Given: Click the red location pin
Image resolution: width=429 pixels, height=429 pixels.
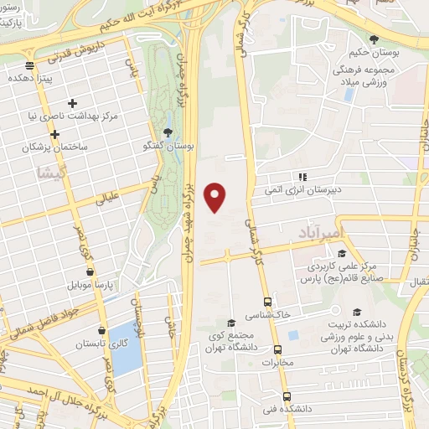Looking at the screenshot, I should point(216,196).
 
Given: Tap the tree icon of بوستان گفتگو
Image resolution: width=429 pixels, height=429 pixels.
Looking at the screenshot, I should point(168,132).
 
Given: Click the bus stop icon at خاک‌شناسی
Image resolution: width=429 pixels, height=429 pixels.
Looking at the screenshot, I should point(267,302).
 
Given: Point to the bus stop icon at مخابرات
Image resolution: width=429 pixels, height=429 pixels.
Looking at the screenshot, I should point(279,349).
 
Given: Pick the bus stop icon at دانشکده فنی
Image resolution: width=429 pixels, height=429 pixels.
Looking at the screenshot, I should point(287,395).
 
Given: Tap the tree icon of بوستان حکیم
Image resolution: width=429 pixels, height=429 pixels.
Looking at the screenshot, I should point(373,39).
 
